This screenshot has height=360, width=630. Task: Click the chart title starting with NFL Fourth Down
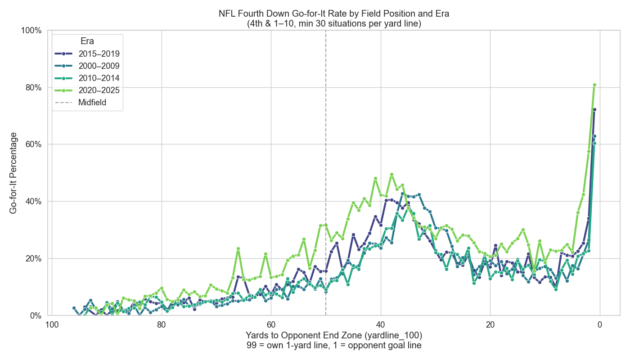(x=334, y=13)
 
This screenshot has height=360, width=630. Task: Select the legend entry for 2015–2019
(x=99, y=54)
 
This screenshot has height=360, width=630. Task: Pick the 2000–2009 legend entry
(x=99, y=66)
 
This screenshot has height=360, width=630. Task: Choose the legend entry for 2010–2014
(x=99, y=78)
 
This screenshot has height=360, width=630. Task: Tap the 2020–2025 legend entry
(x=99, y=90)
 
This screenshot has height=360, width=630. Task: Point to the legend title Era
(x=87, y=40)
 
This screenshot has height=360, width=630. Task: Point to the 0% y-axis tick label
(x=35, y=315)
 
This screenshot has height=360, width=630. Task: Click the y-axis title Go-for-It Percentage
(x=13, y=173)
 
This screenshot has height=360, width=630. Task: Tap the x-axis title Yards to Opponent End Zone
(x=334, y=335)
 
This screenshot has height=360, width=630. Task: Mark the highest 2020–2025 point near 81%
(x=594, y=85)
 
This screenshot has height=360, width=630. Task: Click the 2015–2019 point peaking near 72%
(x=594, y=109)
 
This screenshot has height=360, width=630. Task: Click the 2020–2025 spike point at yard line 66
(x=238, y=248)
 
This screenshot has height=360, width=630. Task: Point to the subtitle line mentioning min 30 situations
(x=334, y=24)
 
